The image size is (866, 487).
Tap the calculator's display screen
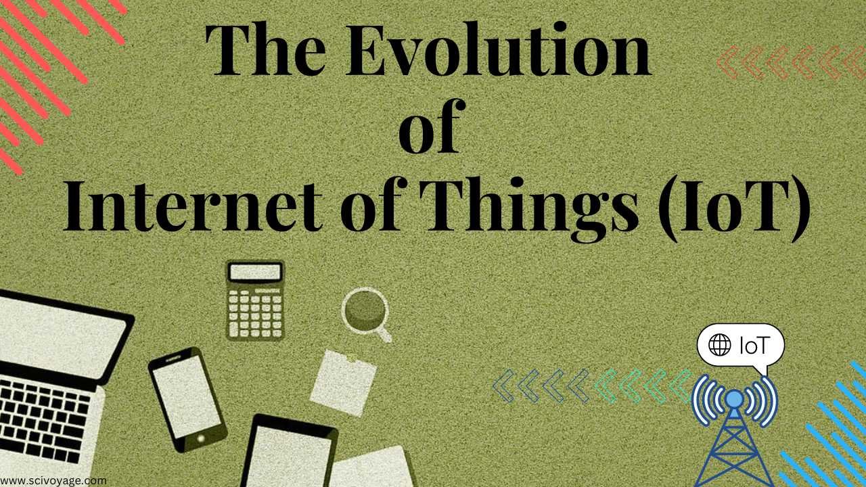[255, 272]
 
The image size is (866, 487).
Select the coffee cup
[365, 311]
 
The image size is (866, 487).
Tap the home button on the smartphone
[200, 438]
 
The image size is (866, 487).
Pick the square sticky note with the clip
[343, 382]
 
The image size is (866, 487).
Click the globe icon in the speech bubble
[719, 346]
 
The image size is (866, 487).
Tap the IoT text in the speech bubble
[754, 346]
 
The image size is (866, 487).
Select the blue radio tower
[734, 433]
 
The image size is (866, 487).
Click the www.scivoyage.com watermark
[53, 480]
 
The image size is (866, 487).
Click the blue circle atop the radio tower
[734, 399]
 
